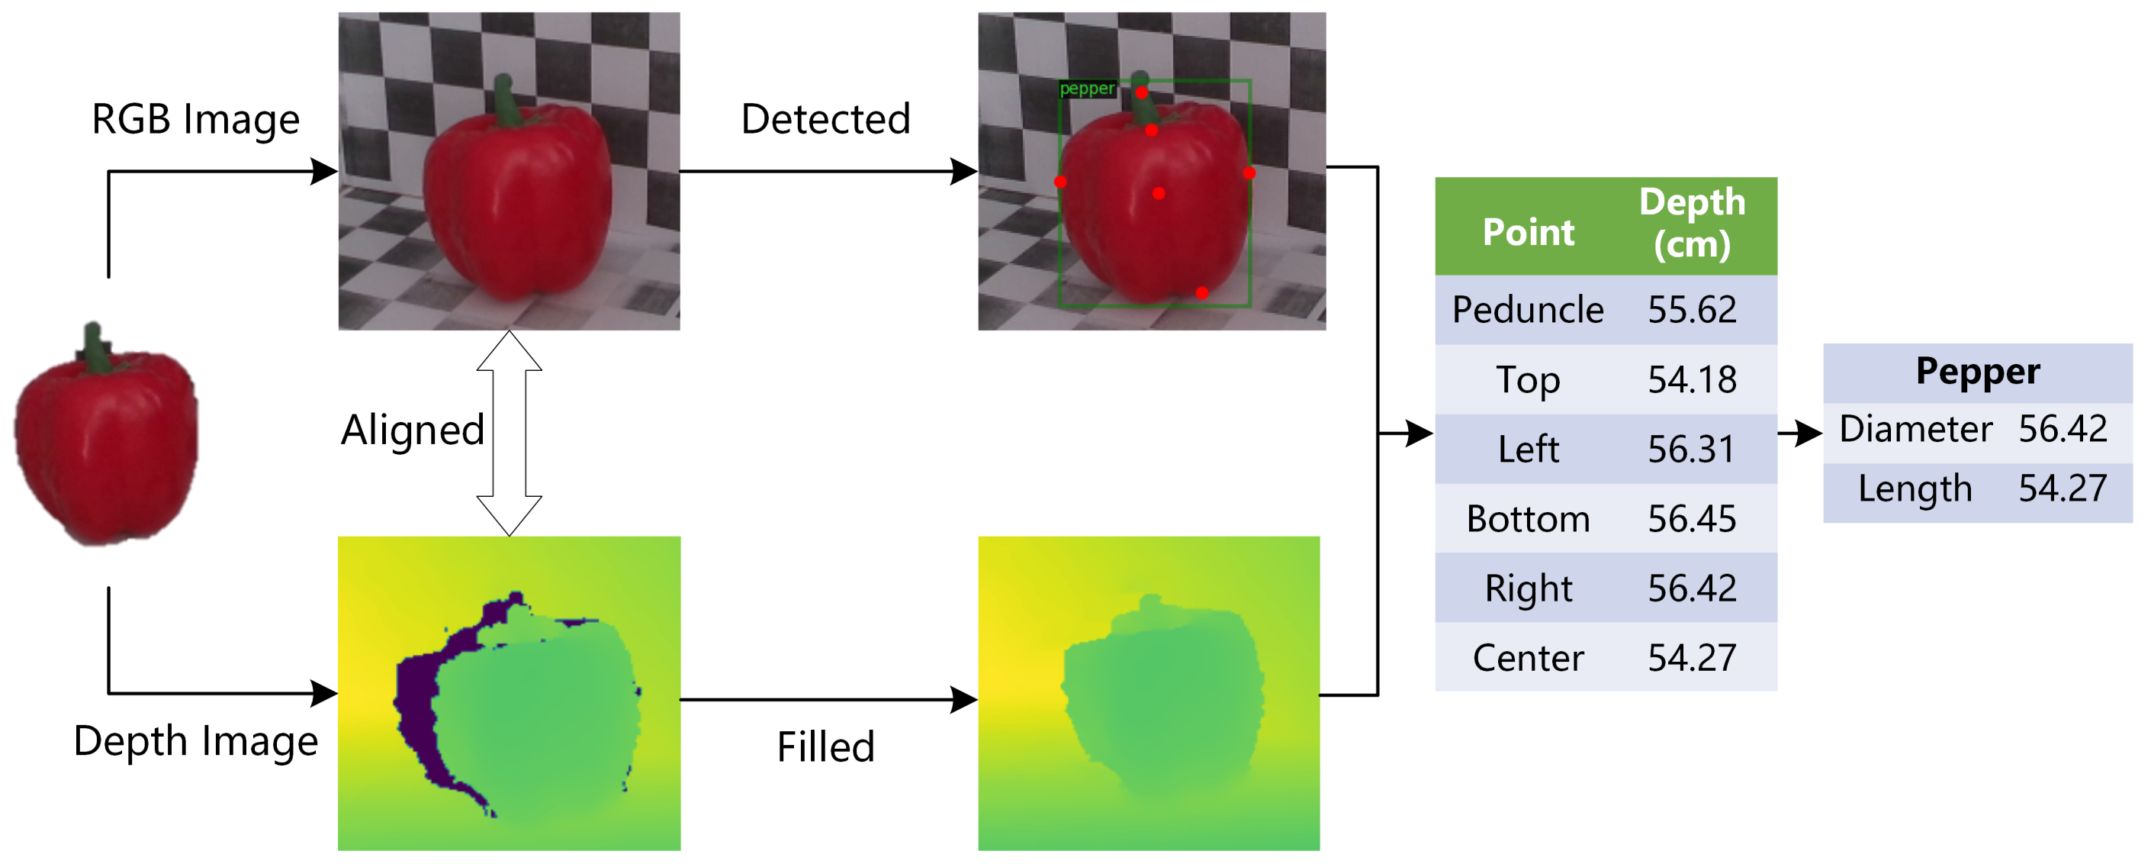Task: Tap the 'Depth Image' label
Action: point(195,740)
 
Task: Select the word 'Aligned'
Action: point(413,430)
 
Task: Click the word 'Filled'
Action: point(825,746)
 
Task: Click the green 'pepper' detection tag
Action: point(1086,89)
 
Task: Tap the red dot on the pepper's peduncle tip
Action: point(1141,93)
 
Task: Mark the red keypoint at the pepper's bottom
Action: point(1201,292)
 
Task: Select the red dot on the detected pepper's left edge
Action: point(1060,182)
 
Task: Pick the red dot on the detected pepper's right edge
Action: point(1249,173)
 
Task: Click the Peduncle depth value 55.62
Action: point(1692,310)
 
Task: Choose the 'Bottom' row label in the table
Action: point(1527,519)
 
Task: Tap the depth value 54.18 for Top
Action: point(1692,380)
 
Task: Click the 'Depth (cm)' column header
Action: point(1692,223)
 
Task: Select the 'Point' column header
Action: point(1527,232)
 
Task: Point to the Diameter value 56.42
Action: point(2063,429)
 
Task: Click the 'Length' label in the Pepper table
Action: point(1915,488)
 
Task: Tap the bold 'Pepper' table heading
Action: point(1977,371)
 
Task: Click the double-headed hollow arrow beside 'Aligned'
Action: point(510,433)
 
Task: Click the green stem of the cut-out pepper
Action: point(95,347)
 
